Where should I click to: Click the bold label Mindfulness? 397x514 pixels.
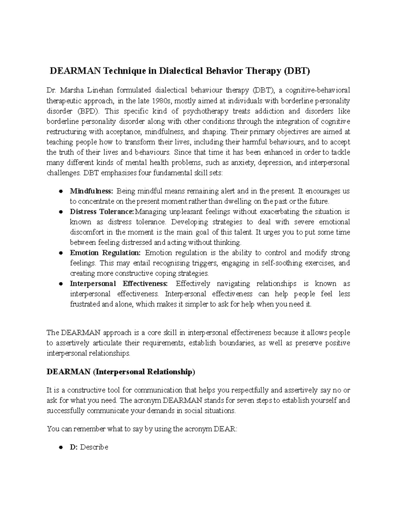point(91,191)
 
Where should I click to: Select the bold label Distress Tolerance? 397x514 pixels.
point(102,211)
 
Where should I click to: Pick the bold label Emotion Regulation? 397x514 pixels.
point(105,253)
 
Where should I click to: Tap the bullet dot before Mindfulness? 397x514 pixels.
point(61,191)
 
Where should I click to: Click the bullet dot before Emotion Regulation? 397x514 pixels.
point(61,253)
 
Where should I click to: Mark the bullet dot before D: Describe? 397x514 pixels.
point(61,447)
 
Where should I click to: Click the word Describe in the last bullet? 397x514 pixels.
point(94,447)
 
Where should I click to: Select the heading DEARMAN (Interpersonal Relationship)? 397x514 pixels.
point(121,372)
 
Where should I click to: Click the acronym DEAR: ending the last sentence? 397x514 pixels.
point(226,429)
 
